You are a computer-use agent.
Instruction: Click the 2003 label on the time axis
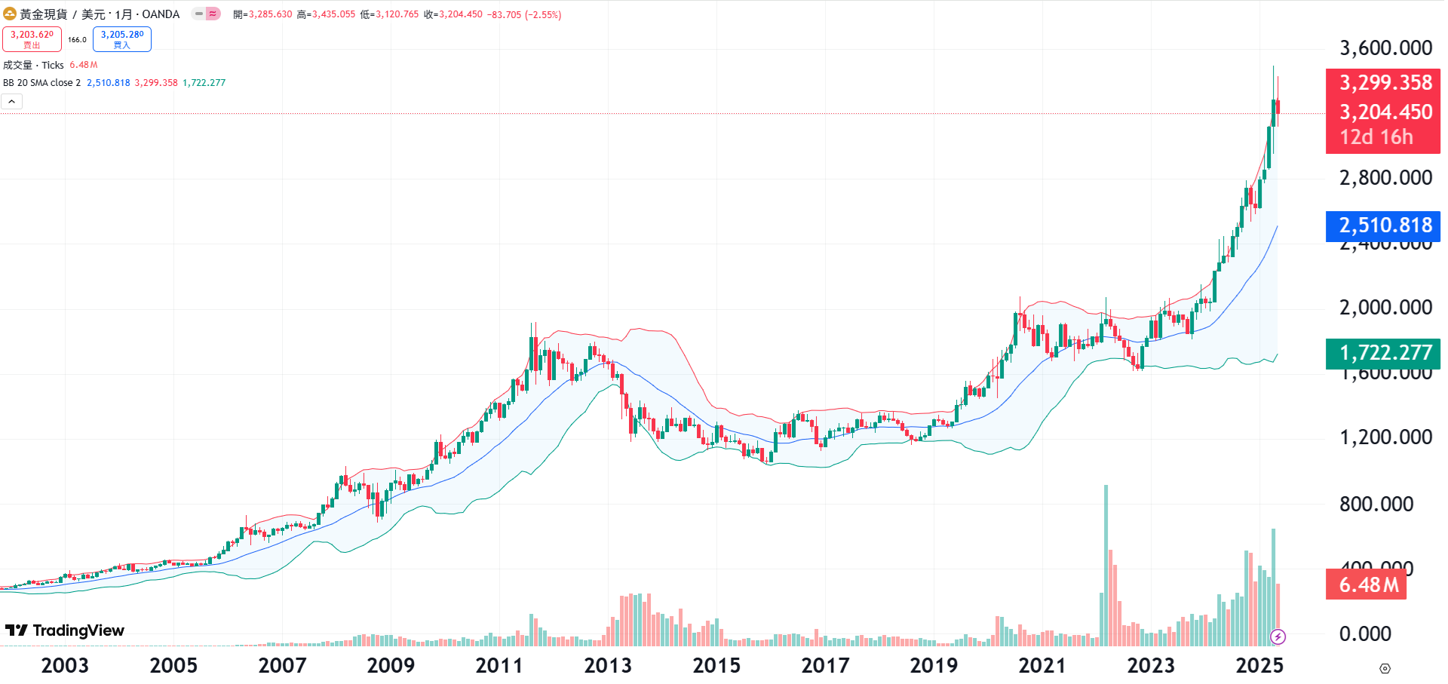(x=65, y=665)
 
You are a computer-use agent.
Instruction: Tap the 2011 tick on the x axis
(x=499, y=665)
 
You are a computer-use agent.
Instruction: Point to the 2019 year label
(x=934, y=665)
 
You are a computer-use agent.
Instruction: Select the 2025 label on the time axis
(x=1259, y=665)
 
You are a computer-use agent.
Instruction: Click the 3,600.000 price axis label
(x=1385, y=48)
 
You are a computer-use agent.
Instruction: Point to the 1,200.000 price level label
(x=1385, y=437)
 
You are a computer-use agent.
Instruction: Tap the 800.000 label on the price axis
(x=1376, y=504)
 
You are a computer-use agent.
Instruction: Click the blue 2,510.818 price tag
(x=1385, y=225)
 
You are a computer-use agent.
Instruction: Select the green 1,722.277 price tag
(x=1385, y=352)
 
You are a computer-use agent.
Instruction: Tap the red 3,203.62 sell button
(x=32, y=39)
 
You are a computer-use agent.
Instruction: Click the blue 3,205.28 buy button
(x=122, y=39)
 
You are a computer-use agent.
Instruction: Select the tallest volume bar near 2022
(x=1106, y=566)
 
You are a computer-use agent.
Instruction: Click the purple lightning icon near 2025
(x=1278, y=637)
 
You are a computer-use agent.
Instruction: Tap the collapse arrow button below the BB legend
(x=11, y=102)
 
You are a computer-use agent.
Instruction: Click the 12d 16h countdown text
(x=1376, y=137)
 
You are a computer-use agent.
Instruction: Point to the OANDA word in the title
(x=161, y=14)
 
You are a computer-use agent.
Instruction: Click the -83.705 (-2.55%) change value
(x=523, y=14)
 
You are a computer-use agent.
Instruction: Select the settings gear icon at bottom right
(x=1385, y=668)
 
